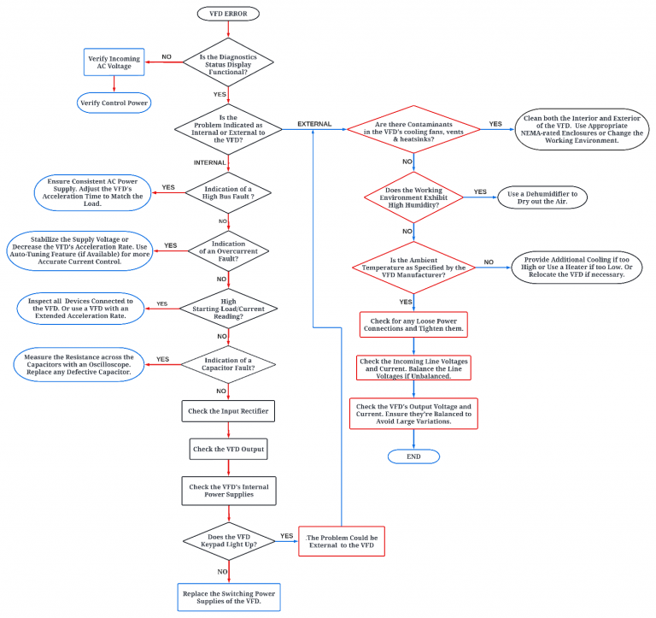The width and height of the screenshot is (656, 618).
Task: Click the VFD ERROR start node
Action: coord(228,15)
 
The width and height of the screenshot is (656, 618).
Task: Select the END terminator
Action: coord(413,456)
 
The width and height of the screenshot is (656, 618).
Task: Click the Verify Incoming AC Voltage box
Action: coord(114,62)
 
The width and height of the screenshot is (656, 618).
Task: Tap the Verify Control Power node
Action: coord(114,103)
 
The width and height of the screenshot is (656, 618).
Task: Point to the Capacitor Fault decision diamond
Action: coord(228,364)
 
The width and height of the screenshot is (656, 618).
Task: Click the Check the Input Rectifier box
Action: coord(228,411)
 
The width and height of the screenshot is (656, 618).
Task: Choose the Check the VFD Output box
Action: coord(228,449)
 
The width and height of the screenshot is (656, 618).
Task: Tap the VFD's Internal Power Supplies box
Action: coord(228,491)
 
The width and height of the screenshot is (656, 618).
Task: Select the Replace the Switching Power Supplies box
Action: coord(228,597)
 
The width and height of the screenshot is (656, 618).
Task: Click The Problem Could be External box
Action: coord(340,541)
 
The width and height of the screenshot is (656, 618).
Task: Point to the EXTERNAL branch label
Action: coord(314,125)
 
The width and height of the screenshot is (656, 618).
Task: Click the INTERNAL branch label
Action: coord(209,162)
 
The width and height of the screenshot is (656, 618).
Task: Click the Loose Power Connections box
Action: coord(413,322)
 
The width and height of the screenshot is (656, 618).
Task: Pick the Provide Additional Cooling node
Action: coord(578,268)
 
